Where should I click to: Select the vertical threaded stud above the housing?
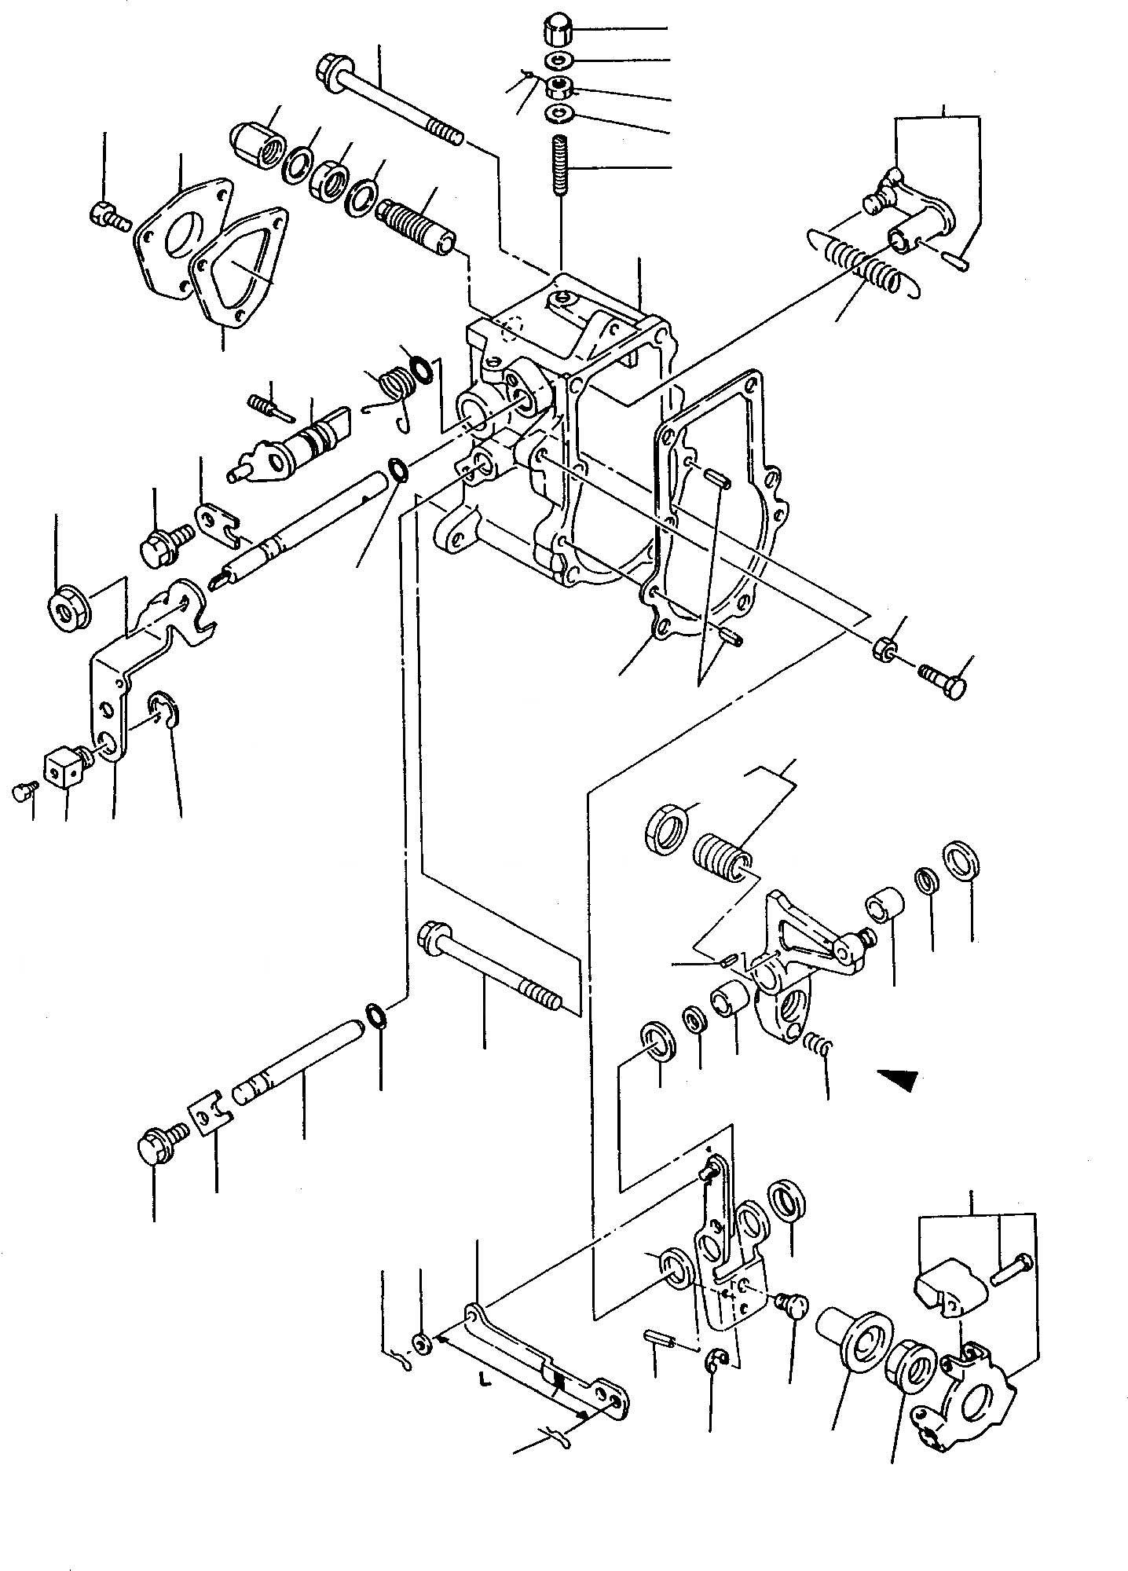coord(559,167)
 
